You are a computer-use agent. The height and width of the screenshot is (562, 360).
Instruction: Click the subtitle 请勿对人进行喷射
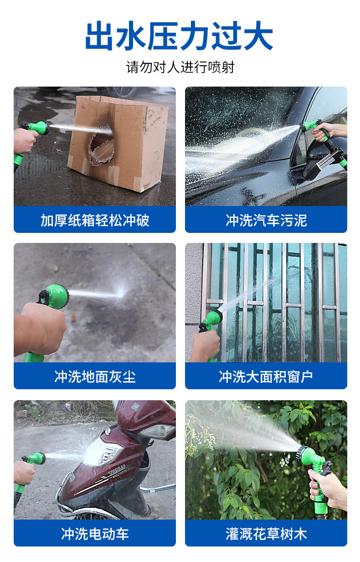pyautogui.click(x=180, y=67)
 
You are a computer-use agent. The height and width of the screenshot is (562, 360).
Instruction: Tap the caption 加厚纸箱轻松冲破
pyautogui.click(x=95, y=220)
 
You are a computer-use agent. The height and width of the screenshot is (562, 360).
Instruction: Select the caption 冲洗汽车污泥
pyautogui.click(x=266, y=220)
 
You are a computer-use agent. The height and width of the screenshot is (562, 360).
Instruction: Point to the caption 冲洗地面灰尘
pyautogui.click(x=95, y=376)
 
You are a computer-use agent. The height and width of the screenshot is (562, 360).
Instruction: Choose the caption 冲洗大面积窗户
pyautogui.click(x=266, y=376)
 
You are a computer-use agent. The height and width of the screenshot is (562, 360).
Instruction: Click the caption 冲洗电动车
pyautogui.click(x=95, y=533)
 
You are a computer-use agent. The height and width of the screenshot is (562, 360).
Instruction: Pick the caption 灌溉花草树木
pyautogui.click(x=266, y=533)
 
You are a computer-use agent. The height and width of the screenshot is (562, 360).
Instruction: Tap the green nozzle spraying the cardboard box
pyautogui.click(x=38, y=128)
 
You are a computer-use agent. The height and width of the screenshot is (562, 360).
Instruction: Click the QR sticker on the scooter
pyautogui.click(x=135, y=406)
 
